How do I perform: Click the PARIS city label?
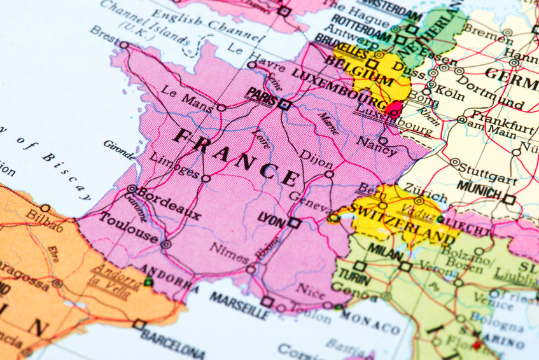tap(262, 95)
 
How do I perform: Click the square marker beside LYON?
tap(293, 223)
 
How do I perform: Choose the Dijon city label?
tap(316, 156)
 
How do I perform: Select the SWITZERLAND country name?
tap(403, 223)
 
